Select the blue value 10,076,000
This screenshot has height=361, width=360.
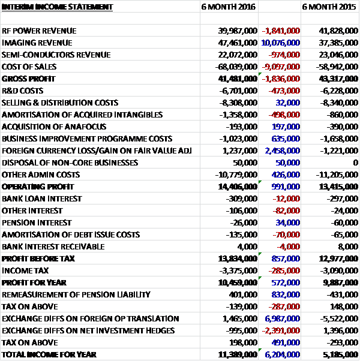point(280,42)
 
